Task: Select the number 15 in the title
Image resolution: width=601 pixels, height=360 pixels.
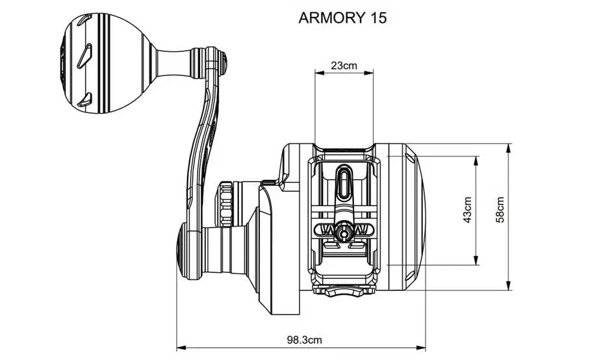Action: point(377,18)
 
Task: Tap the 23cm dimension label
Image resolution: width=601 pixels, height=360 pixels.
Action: point(344,65)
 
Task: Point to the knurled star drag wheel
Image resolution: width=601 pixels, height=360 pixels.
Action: point(225,205)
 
